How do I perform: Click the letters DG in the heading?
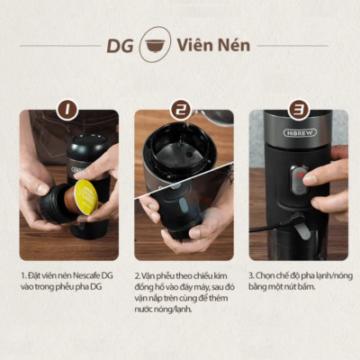(120, 45)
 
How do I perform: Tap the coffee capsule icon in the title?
(155, 45)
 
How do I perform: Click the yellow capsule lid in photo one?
(85, 196)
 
